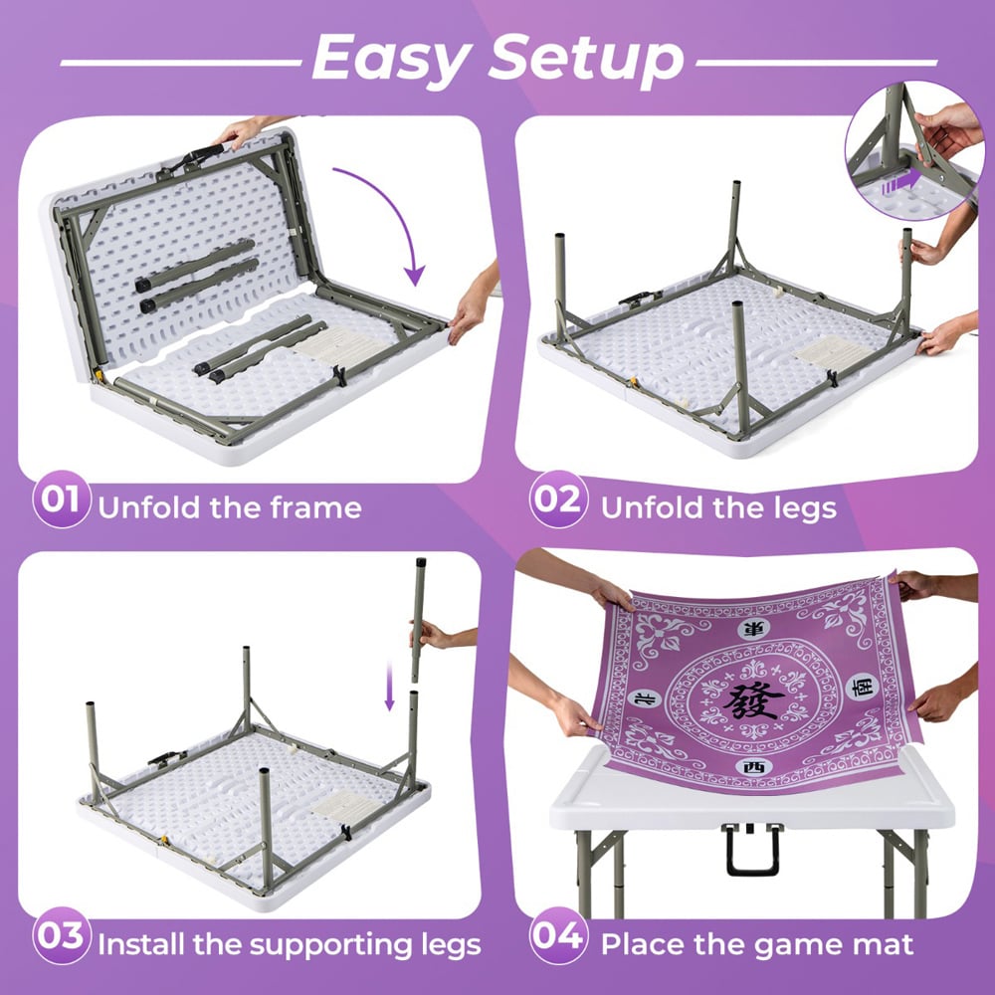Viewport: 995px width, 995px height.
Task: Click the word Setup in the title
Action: (586, 59)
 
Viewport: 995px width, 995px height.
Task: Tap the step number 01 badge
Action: (61, 499)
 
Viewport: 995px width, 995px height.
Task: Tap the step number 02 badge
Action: (558, 499)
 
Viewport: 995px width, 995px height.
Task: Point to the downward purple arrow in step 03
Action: (390, 686)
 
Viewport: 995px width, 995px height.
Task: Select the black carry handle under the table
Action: (752, 850)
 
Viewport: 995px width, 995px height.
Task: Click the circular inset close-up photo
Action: (914, 150)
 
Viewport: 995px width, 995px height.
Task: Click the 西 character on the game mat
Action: (753, 767)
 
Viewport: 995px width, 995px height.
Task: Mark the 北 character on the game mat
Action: (644, 698)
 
